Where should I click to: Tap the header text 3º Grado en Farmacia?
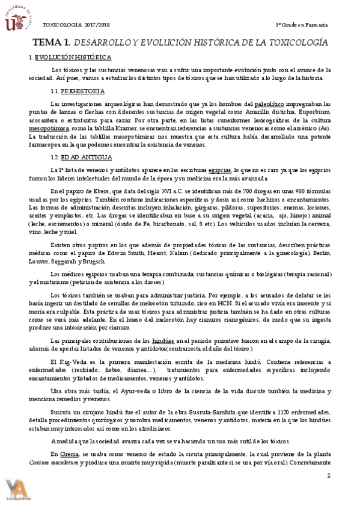coord(301,25)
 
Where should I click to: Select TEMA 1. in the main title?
coord(50,43)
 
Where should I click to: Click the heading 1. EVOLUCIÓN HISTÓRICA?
coord(70,57)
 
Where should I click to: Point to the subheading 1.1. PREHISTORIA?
coord(78,91)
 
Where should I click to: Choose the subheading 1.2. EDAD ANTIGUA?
coord(81,158)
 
